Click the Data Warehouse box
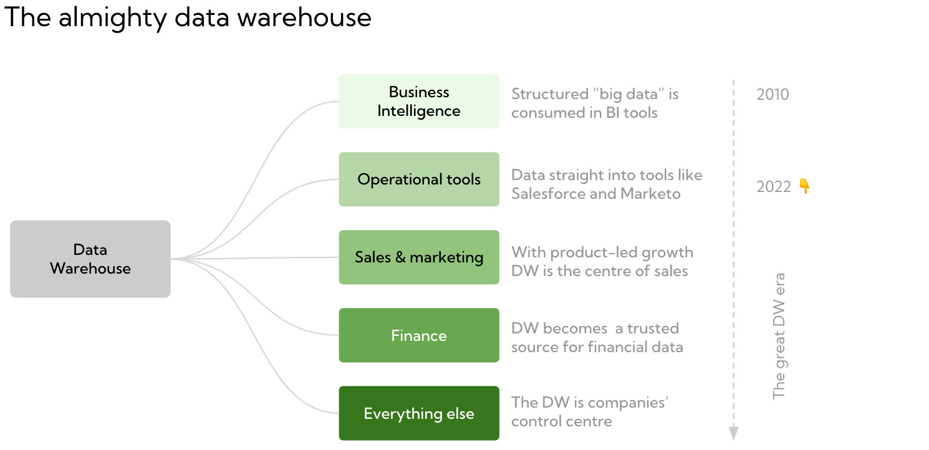(x=90, y=259)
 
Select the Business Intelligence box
(x=419, y=102)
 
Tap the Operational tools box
(x=419, y=180)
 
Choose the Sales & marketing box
(x=419, y=257)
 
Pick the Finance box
(x=419, y=335)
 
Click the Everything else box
(x=419, y=413)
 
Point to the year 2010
(x=773, y=95)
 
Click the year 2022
(x=773, y=187)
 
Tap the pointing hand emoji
(x=804, y=186)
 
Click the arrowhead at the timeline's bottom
(x=734, y=433)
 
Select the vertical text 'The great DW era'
(x=779, y=335)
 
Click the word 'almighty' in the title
(x=115, y=18)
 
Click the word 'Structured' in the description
(x=549, y=95)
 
